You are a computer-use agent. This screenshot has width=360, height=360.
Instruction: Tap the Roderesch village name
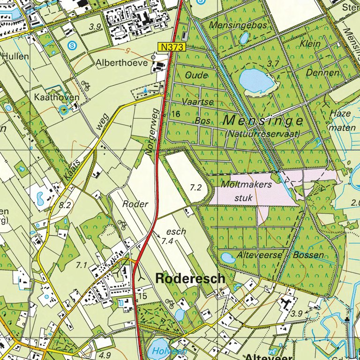click(x=190, y=278)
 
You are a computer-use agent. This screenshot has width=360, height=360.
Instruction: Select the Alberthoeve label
click(x=122, y=62)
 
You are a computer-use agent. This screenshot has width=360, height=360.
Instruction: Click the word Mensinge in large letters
click(x=262, y=120)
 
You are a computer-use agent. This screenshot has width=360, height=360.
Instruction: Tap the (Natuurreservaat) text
click(x=262, y=134)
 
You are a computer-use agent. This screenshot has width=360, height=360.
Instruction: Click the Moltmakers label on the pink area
click(x=247, y=185)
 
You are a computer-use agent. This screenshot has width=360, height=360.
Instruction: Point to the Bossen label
click(x=308, y=255)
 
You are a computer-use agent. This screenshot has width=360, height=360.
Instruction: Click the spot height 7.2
click(x=196, y=187)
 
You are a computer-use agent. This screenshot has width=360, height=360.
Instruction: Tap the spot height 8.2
click(x=65, y=205)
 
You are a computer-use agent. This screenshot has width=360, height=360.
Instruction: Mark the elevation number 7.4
click(x=167, y=241)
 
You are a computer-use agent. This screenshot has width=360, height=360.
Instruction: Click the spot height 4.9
click(x=105, y=355)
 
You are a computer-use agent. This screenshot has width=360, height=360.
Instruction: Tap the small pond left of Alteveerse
click(x=228, y=257)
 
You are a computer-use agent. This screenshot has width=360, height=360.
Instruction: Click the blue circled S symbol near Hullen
click(x=71, y=45)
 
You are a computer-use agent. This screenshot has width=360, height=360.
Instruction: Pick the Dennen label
click(x=322, y=73)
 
